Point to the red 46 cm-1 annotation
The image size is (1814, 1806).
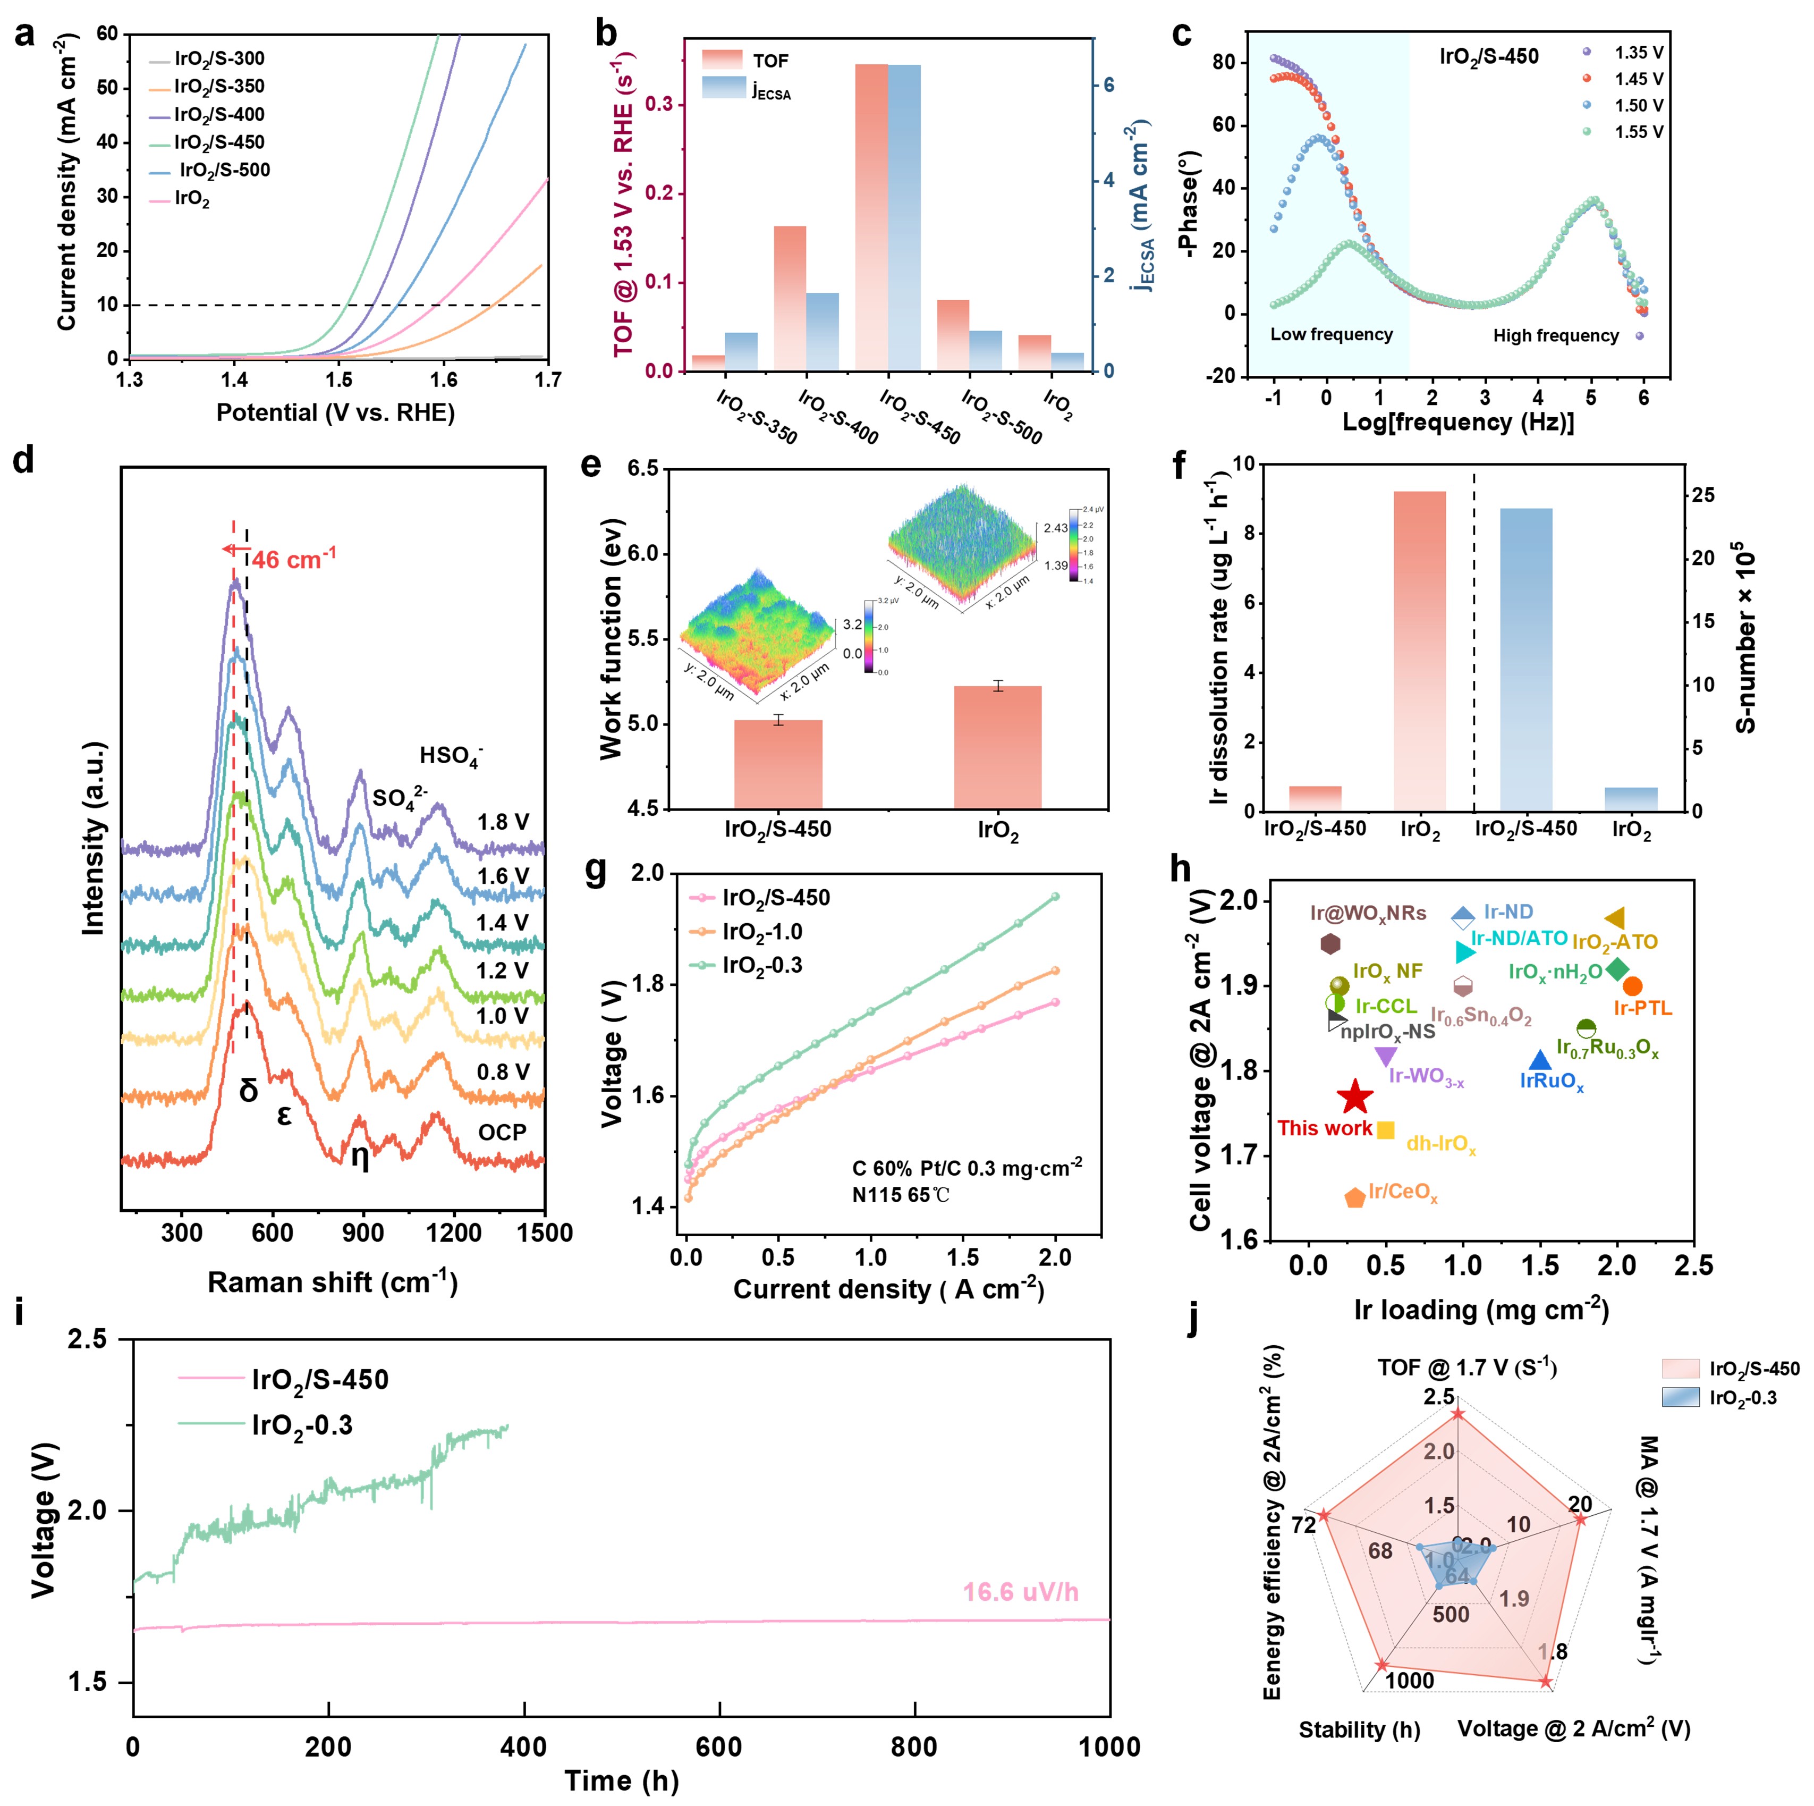pyautogui.click(x=293, y=560)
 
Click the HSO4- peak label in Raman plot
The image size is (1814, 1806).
pyautogui.click(x=451, y=756)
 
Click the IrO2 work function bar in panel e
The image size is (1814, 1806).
pyautogui.click(x=997, y=747)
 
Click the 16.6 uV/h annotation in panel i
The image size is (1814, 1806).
pyautogui.click(x=1021, y=1592)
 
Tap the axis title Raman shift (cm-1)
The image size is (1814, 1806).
pyautogui.click(x=333, y=1283)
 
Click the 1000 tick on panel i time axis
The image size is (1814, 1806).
pyautogui.click(x=1109, y=1748)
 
